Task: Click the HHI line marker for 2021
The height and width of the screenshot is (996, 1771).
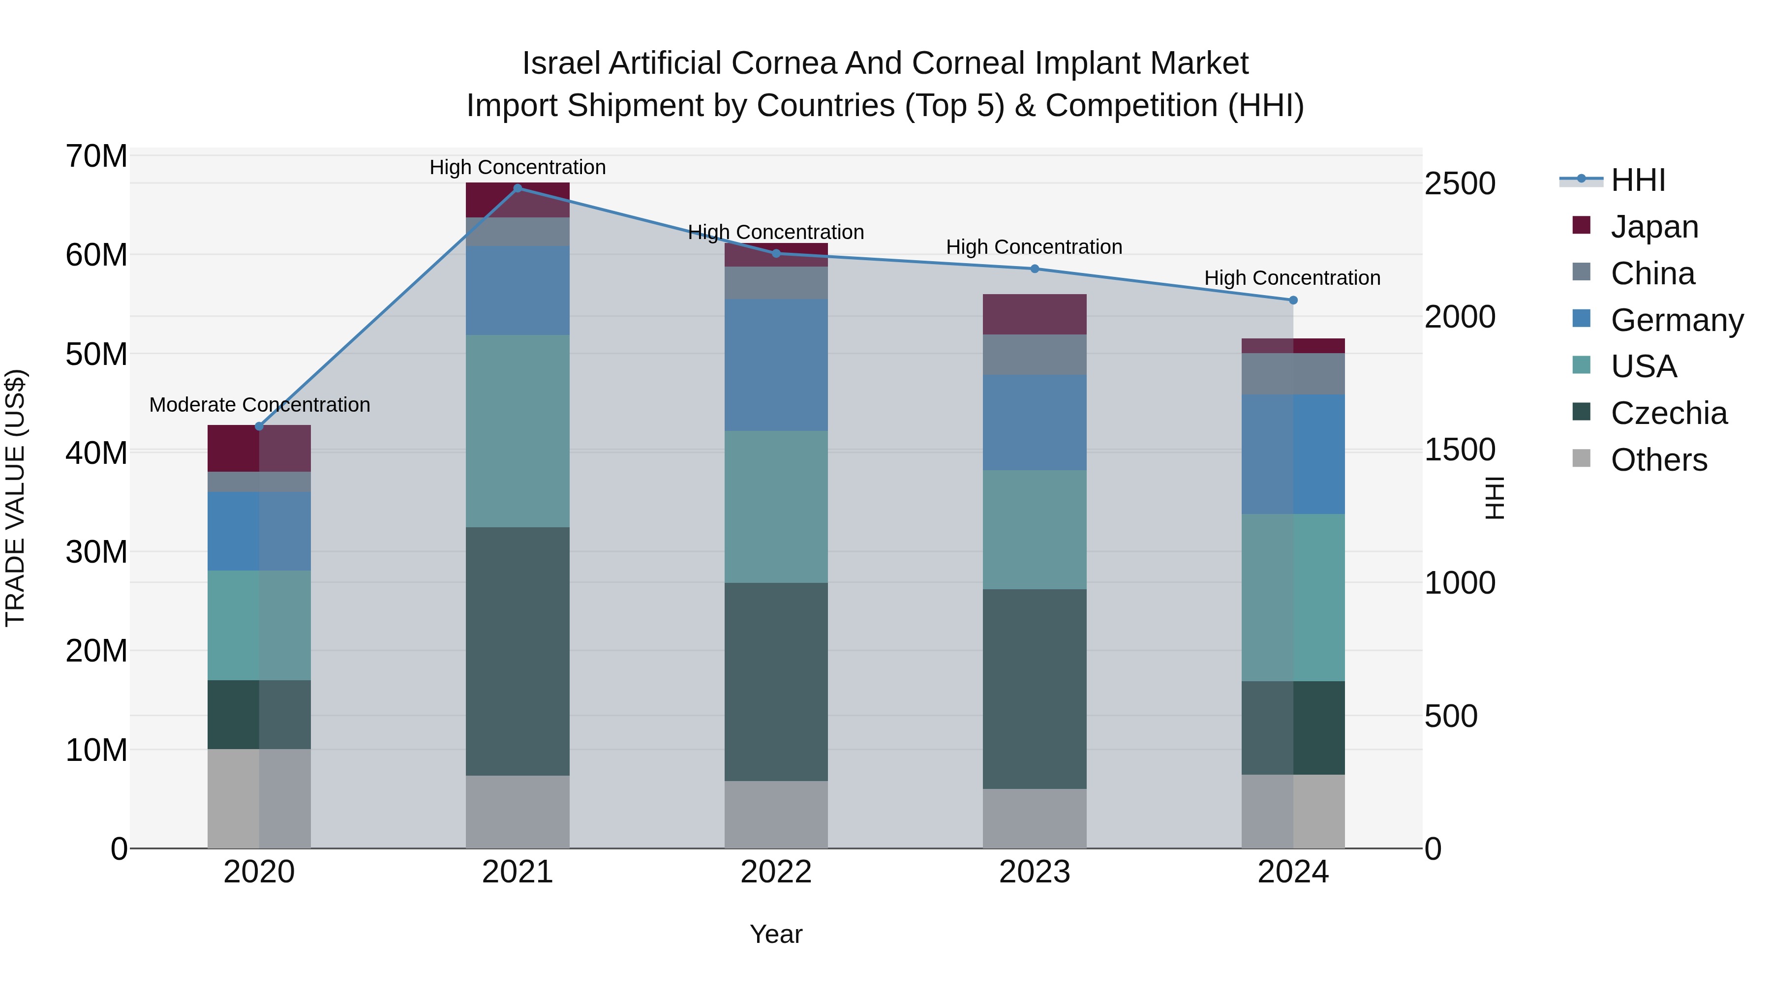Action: point(518,188)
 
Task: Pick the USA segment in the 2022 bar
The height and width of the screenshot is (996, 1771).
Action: point(776,507)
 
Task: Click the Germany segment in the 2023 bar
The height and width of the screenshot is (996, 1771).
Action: point(1034,422)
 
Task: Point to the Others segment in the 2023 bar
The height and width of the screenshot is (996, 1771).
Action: point(1034,818)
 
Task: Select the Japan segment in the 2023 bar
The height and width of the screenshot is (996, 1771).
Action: point(1034,314)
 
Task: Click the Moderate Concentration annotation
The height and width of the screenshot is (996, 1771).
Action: point(259,404)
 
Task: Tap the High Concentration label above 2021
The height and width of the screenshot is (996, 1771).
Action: point(518,167)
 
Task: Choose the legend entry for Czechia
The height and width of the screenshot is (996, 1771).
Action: point(1669,413)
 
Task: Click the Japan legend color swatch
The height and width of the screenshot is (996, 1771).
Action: point(1581,225)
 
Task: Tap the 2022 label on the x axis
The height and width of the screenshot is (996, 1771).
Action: point(776,872)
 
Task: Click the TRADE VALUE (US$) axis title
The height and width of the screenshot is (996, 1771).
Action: point(15,498)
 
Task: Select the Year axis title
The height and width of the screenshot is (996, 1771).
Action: point(776,934)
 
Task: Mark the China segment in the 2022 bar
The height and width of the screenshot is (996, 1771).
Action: point(776,282)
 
